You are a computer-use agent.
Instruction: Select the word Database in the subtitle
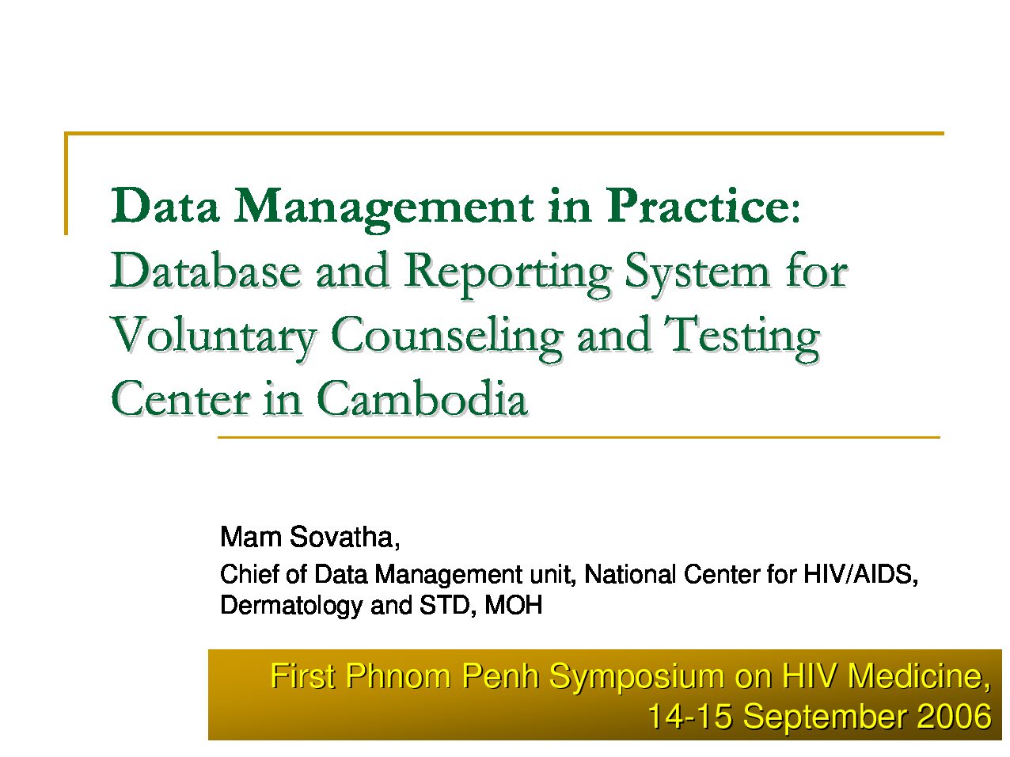205,271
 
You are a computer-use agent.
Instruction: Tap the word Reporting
508,276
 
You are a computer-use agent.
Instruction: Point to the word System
697,276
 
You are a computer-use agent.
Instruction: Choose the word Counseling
446,338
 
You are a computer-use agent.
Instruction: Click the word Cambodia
422,398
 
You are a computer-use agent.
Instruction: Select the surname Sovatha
344,538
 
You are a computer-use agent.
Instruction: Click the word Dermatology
292,607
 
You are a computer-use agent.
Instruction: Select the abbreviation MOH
514,605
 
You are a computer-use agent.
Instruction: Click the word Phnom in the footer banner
398,676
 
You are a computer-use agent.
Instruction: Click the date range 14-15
689,716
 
